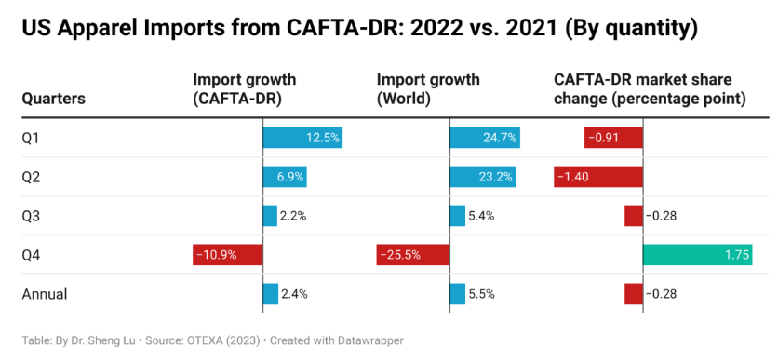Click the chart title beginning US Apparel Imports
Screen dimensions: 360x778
[358, 29]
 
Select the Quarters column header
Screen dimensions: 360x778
[54, 98]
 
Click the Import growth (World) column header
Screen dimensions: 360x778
[428, 88]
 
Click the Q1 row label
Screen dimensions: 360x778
[31, 139]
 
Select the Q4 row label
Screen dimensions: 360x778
[31, 255]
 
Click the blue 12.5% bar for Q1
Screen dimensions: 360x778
[303, 139]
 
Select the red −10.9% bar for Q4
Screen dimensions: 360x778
[228, 255]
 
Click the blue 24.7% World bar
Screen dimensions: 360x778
[485, 139]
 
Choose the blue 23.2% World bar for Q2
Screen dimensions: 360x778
[483, 177]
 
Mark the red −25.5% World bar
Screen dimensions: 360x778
[413, 255]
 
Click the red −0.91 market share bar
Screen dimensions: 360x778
[614, 139]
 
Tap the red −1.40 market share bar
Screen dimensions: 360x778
[598, 177]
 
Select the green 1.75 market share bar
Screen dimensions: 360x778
[698, 255]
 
